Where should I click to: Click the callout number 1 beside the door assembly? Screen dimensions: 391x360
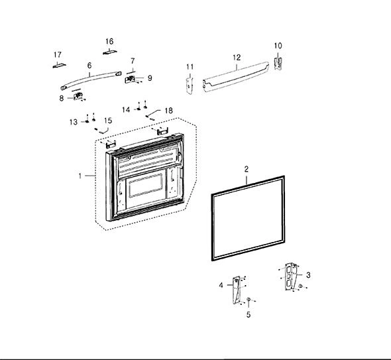click(80, 176)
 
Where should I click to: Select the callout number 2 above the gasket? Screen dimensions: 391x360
click(247, 169)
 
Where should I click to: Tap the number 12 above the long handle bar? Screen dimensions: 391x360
click(237, 58)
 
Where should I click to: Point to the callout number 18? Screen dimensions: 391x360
click(168, 111)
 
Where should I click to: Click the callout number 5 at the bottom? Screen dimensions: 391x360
click(249, 315)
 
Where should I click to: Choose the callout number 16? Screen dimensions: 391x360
click(109, 41)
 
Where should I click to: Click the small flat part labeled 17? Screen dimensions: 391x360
click(60, 66)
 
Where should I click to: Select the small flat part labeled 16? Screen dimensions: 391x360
click(110, 52)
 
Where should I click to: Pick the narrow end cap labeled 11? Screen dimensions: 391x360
click(190, 86)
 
